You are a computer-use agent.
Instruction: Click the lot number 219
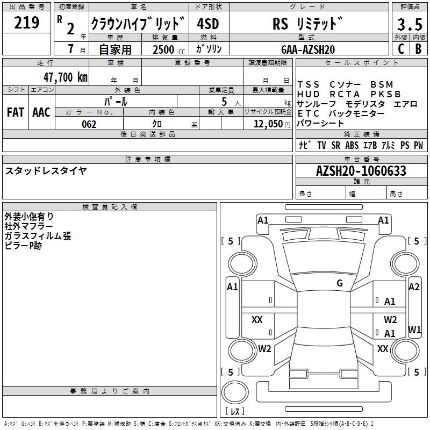point(27,23)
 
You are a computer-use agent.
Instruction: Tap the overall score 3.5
point(409,25)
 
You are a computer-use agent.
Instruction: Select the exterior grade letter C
point(400,48)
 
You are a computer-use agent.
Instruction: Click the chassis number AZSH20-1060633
point(361,171)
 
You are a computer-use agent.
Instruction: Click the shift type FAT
point(15,112)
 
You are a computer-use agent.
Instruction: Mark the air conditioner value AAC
point(41,112)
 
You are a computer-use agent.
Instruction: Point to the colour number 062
point(89,124)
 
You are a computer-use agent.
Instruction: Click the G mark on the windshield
point(340,283)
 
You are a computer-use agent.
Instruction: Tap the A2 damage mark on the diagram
point(414,287)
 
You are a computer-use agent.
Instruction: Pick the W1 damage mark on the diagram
point(414,329)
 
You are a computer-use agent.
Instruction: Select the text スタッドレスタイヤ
point(46,171)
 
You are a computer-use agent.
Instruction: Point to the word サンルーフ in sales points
point(317,104)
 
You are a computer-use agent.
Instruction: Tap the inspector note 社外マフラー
point(28,226)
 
